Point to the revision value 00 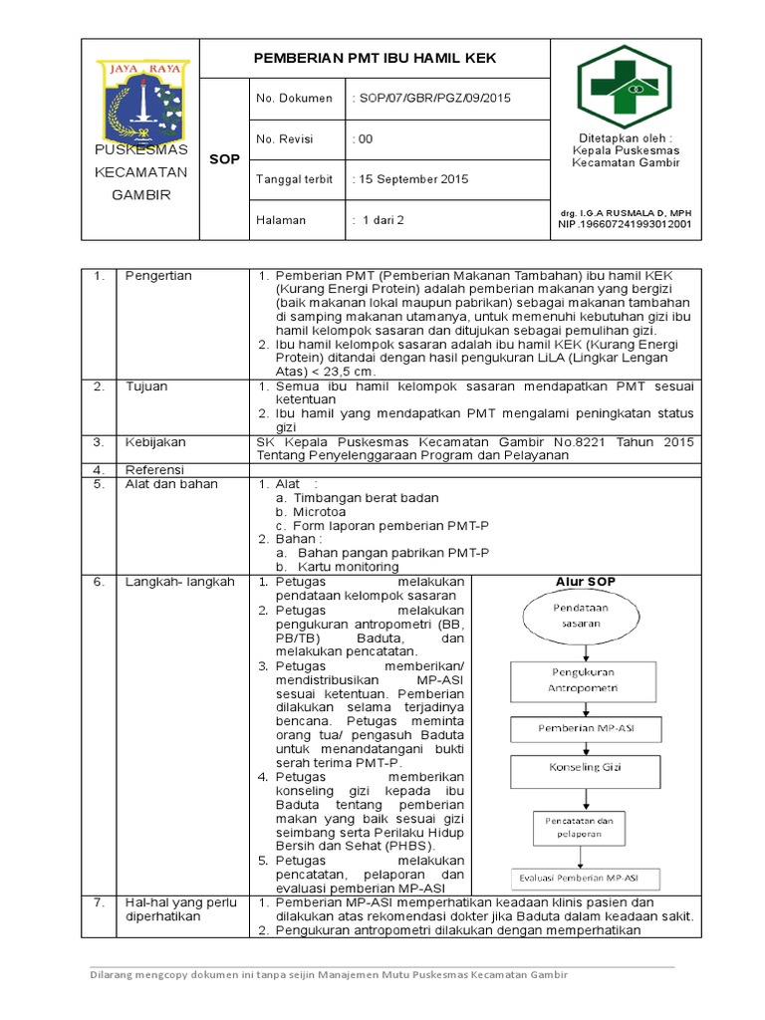click(x=364, y=139)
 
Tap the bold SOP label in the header click(x=224, y=159)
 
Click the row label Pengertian click(x=158, y=276)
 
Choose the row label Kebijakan click(x=155, y=441)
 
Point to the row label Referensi click(x=155, y=469)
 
